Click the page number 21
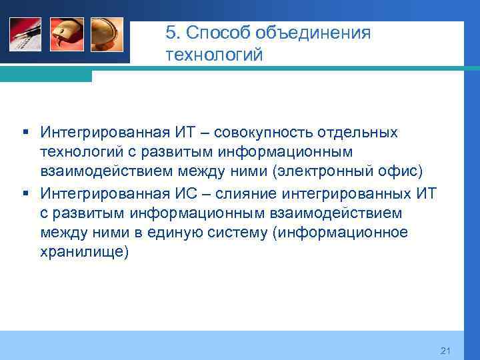click(x=446, y=351)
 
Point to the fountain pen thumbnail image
click(x=25, y=34)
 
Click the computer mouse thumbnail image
click(x=67, y=34)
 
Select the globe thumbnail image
click(x=107, y=34)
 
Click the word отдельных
click(x=357, y=133)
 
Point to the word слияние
click(x=243, y=193)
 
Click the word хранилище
click(x=81, y=253)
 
